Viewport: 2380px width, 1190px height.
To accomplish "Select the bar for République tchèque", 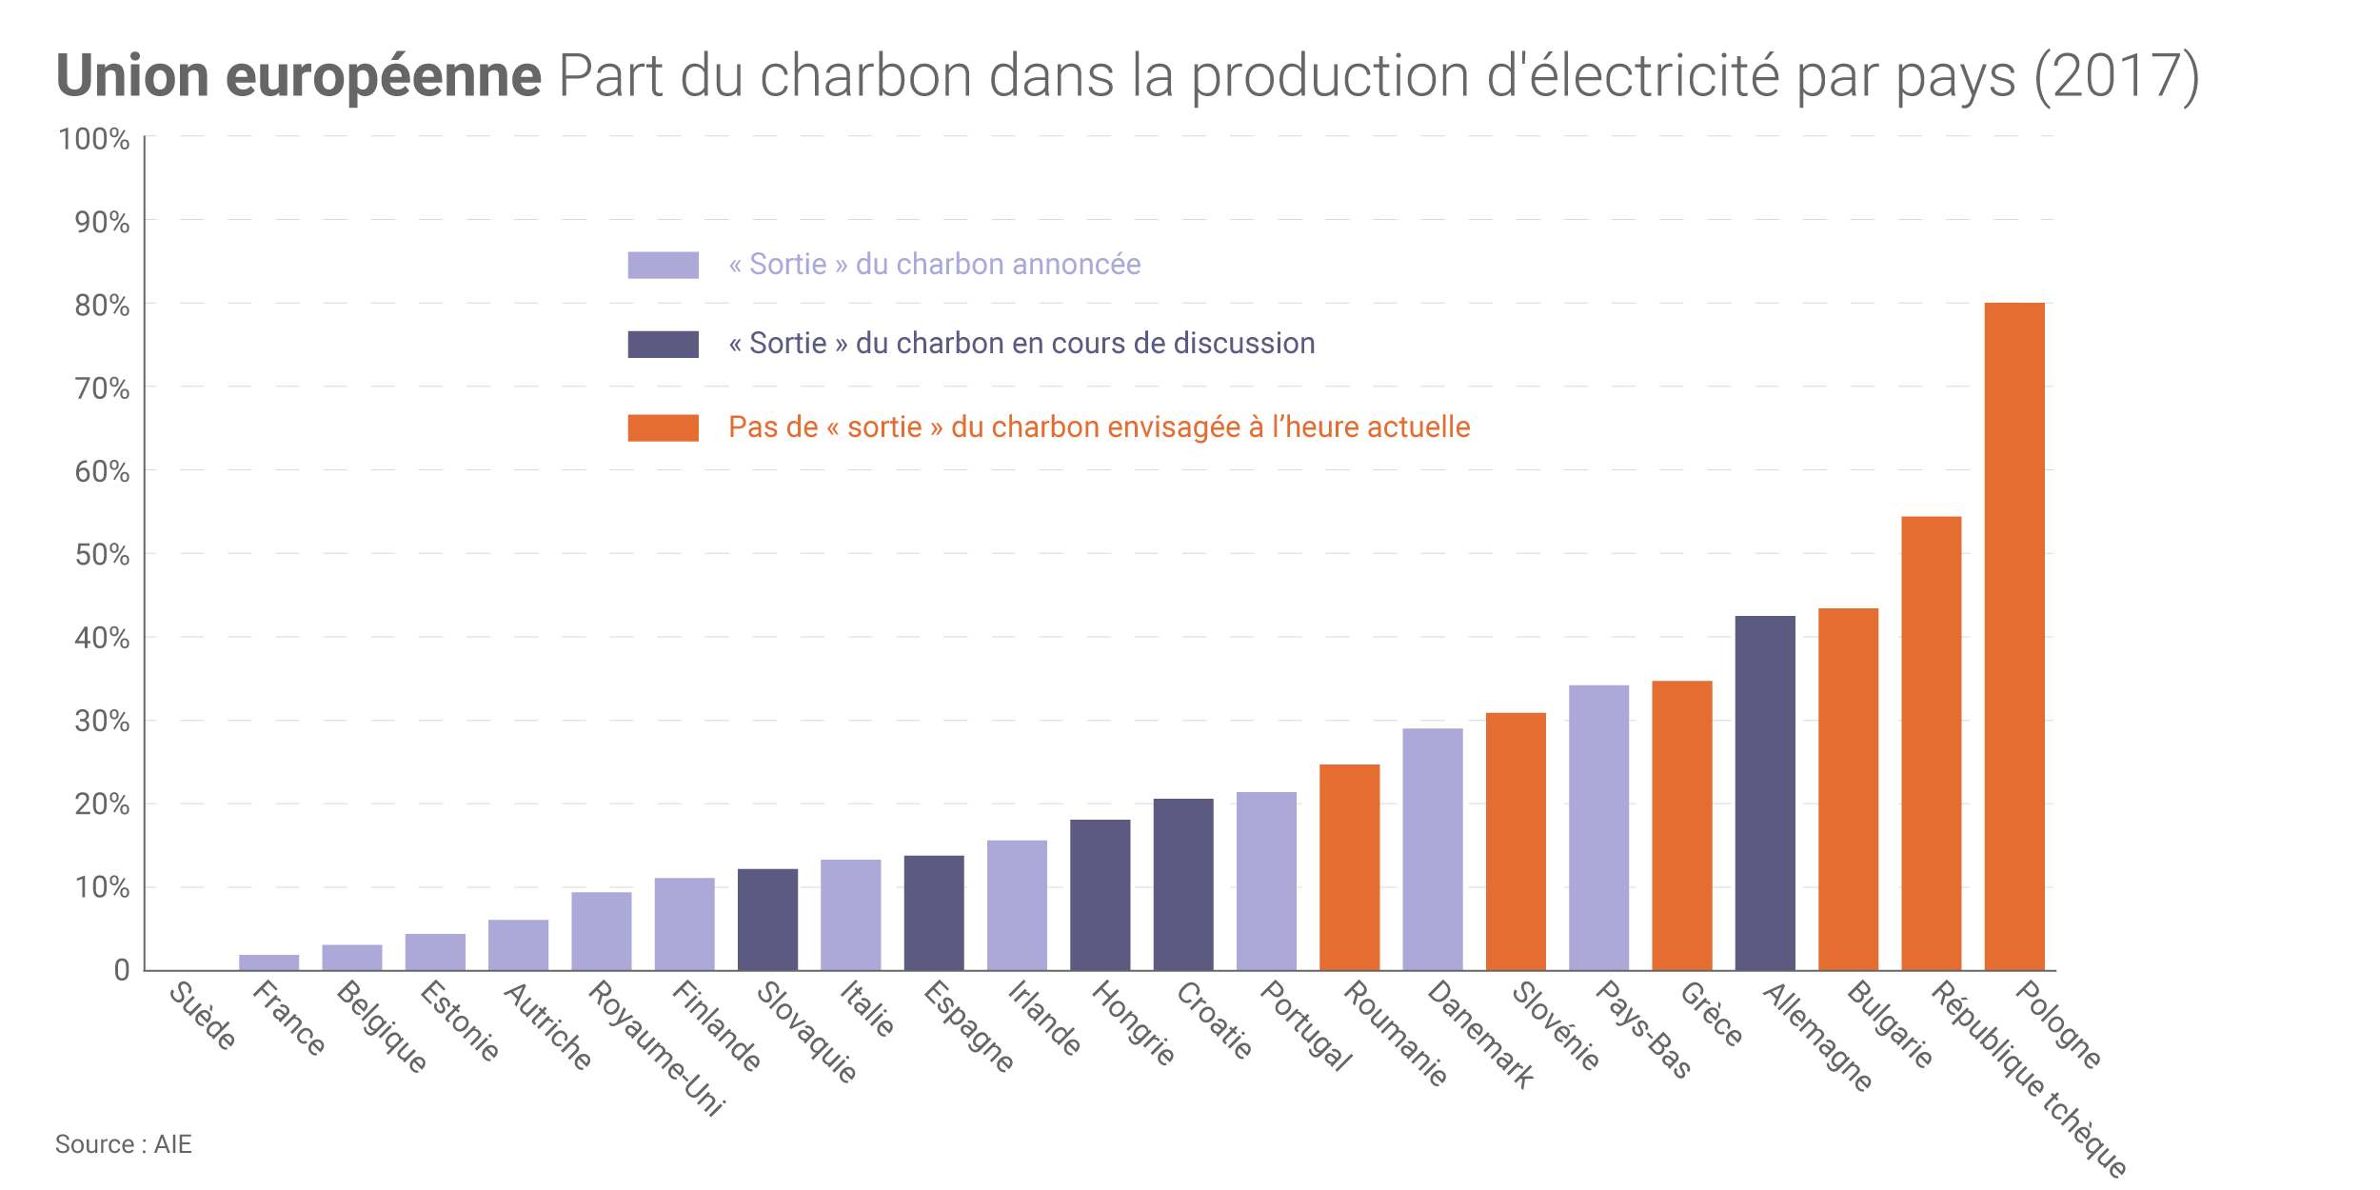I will click(x=1931, y=743).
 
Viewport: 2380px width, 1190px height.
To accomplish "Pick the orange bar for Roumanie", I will click(x=1349, y=866).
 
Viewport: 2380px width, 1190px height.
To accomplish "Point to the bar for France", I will click(x=268, y=962).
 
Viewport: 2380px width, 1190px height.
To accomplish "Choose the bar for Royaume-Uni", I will click(x=601, y=930).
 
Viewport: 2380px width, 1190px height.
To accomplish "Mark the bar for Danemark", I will click(x=1432, y=848).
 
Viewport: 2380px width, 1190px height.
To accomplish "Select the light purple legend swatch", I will click(x=663, y=265).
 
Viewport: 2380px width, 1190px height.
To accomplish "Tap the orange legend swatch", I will click(x=663, y=427).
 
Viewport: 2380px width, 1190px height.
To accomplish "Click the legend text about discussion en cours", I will click(x=1021, y=343).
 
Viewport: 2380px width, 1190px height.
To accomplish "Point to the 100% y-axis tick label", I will click(x=94, y=139).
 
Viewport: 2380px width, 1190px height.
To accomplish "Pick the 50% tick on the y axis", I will click(x=102, y=554).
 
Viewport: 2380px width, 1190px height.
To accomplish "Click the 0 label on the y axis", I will click(x=121, y=970).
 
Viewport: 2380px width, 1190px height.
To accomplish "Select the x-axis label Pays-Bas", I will click(x=1643, y=1029).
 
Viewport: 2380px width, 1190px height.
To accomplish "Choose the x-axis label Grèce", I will click(x=1712, y=1014).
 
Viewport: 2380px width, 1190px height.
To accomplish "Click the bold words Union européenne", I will click(x=298, y=76).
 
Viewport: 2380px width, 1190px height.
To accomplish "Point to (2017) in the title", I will click(x=2115, y=76).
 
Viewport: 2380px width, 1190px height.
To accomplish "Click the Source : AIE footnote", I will click(x=123, y=1143).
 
